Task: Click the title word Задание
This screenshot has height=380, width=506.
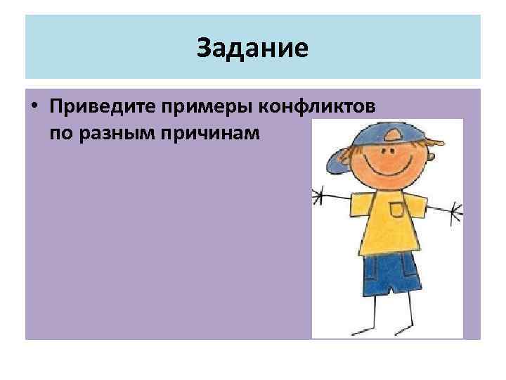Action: tap(252, 49)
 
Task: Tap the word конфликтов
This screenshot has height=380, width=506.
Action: tap(320, 107)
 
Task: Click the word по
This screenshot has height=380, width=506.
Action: tap(61, 132)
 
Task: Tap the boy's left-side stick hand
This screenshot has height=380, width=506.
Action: tap(318, 195)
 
